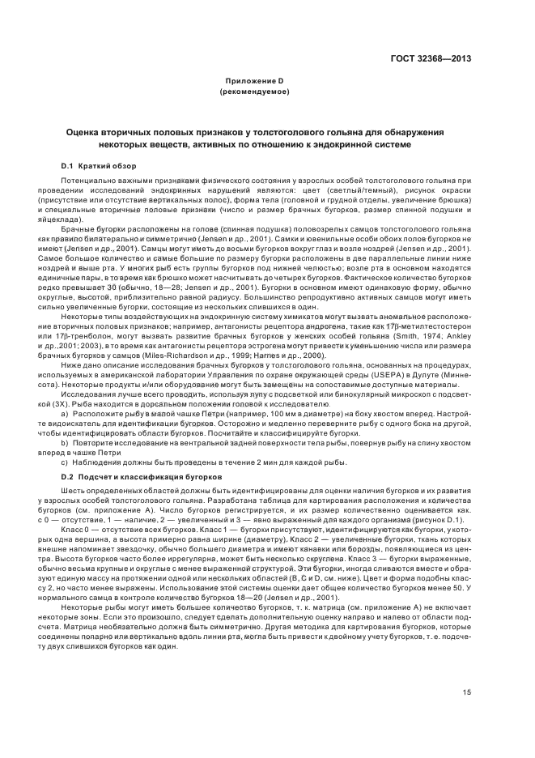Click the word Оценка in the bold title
click(x=87, y=131)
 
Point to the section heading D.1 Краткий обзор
click(x=99, y=165)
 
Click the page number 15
click(x=466, y=692)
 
